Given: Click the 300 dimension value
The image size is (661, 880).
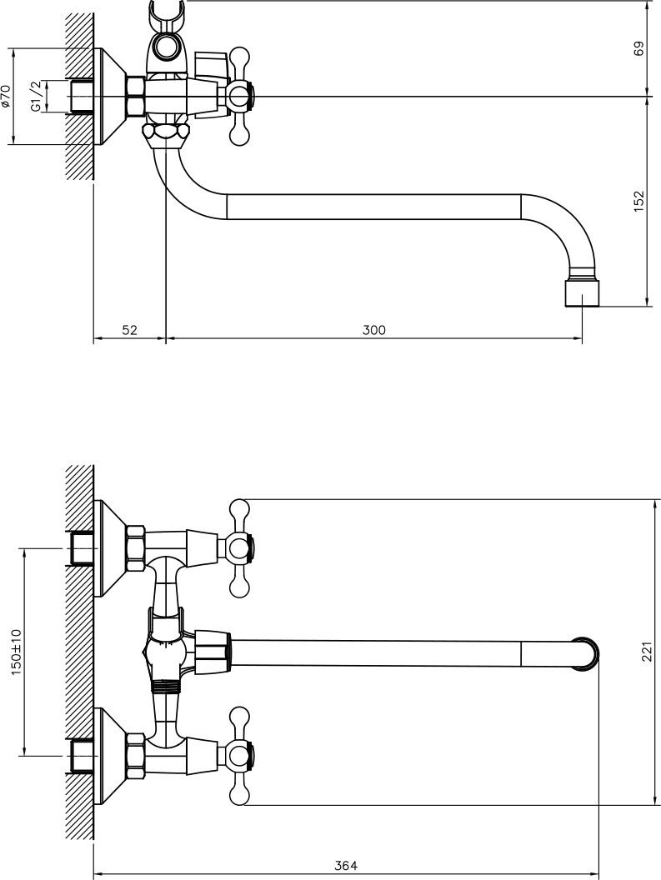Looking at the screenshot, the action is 373,330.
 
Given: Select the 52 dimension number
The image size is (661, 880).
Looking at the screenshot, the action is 130,330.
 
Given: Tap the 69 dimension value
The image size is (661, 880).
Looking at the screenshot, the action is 639,48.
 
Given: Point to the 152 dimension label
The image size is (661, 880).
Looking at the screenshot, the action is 639,202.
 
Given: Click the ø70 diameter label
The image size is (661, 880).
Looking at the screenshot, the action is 6,96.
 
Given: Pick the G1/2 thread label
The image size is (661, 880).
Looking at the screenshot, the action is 35,96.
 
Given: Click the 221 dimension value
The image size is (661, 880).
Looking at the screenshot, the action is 648,651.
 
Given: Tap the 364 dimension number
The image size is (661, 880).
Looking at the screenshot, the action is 346,866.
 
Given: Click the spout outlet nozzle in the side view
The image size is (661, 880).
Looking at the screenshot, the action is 582,293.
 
